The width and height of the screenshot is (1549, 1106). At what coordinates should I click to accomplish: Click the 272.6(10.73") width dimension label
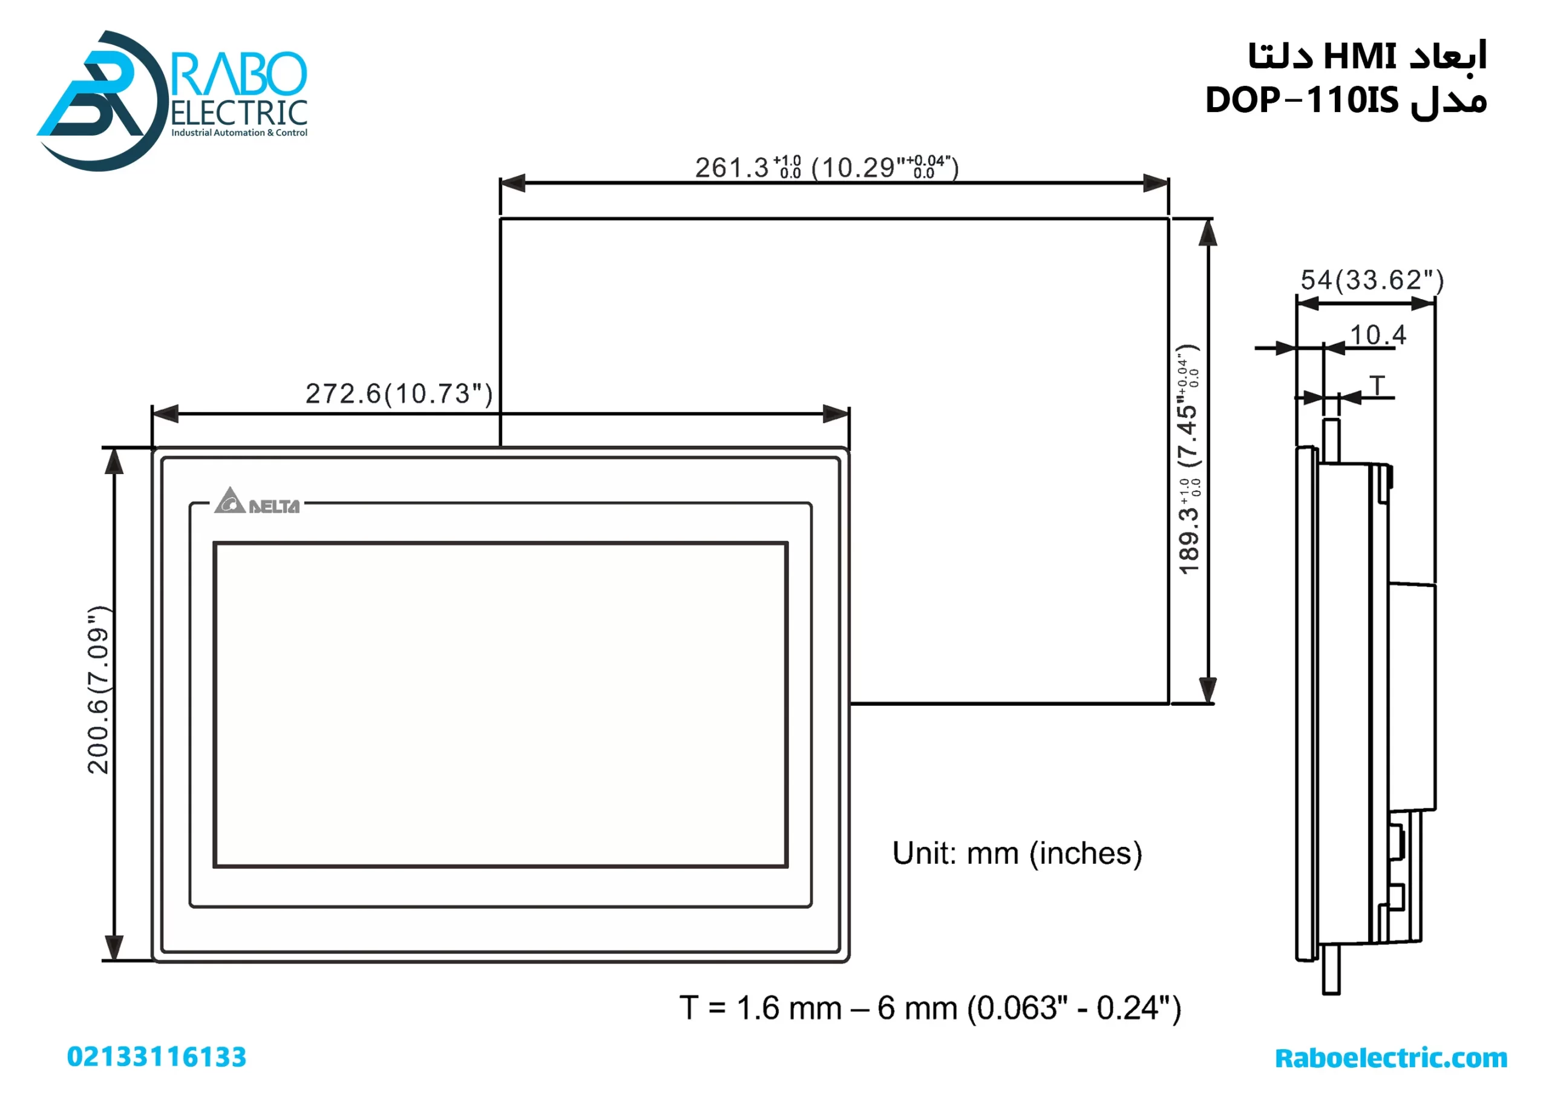coord(398,393)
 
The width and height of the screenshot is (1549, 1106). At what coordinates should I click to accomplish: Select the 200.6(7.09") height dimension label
coord(99,689)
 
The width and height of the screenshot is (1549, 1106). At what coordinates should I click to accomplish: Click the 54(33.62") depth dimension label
coord(1371,280)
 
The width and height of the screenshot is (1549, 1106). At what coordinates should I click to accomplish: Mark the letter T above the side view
coord(1377,386)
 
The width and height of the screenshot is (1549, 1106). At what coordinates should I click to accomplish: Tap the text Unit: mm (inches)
coord(1016,854)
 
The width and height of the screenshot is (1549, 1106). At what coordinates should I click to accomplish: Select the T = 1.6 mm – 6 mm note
coord(929,1009)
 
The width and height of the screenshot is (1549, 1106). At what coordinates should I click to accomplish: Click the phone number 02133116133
coord(157,1057)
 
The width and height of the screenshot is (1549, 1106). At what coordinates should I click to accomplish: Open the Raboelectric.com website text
coord(1390,1058)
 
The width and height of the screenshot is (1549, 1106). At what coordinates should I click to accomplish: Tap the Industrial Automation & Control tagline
coord(239,133)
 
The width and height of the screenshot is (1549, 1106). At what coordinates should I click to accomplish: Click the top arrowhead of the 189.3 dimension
coord(1207,233)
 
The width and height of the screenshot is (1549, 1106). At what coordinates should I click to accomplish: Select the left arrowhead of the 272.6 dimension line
coord(165,413)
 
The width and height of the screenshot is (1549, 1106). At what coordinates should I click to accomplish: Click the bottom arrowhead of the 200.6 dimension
coord(114,947)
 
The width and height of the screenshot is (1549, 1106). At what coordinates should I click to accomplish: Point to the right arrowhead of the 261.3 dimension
coord(1156,183)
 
